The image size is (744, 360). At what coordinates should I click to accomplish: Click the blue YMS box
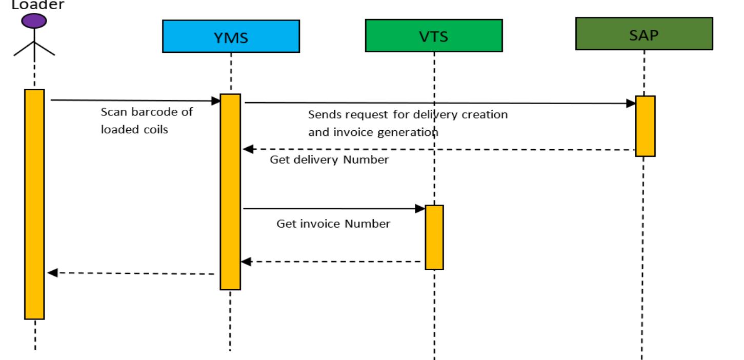coord(231,36)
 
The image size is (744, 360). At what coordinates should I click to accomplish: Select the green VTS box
coord(433,35)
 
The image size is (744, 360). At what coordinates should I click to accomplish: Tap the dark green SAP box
coord(644,33)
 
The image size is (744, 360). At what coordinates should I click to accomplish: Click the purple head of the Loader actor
coord(34,21)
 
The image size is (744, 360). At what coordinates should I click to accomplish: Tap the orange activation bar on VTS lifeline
coord(434,237)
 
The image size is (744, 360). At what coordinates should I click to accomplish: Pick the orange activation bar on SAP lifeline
coord(645,126)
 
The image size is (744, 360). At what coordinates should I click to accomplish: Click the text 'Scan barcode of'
coord(147,112)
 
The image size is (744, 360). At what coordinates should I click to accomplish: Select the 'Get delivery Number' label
coord(329,160)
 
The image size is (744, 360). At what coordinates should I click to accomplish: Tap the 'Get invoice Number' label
coord(333,224)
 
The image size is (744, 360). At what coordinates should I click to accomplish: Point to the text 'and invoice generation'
coord(373,132)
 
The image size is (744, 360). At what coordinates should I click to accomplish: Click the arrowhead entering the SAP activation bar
coord(631,104)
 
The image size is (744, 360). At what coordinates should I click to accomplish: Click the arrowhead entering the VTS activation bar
coord(420,209)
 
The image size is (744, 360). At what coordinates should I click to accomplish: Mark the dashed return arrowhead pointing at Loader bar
coord(52,273)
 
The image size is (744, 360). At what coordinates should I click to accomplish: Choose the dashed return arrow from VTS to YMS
coord(333,262)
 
